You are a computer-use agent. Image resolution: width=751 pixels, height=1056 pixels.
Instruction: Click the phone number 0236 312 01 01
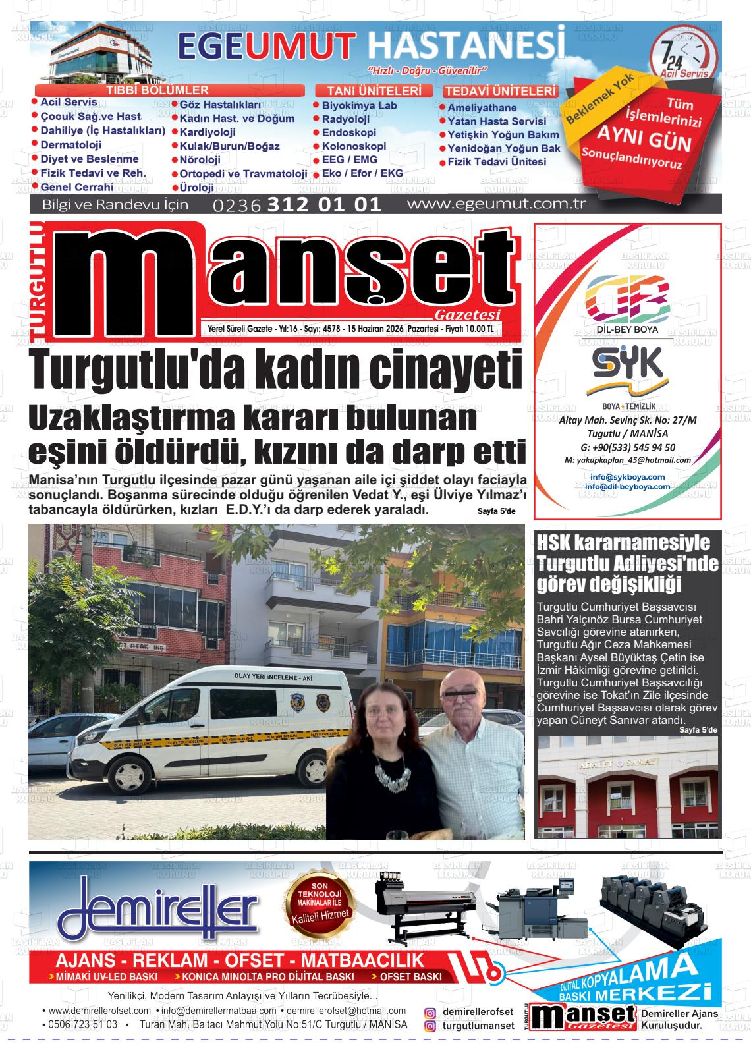tap(297, 204)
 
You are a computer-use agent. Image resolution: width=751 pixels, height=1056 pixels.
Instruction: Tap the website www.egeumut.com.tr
tap(496, 204)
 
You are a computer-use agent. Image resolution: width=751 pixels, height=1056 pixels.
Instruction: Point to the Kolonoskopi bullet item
tap(353, 146)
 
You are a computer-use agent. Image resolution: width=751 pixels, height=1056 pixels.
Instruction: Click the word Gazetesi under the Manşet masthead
tap(468, 315)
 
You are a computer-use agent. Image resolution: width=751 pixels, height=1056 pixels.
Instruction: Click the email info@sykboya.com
tap(627, 476)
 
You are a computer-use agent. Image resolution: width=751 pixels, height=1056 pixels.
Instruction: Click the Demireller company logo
tap(158, 912)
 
